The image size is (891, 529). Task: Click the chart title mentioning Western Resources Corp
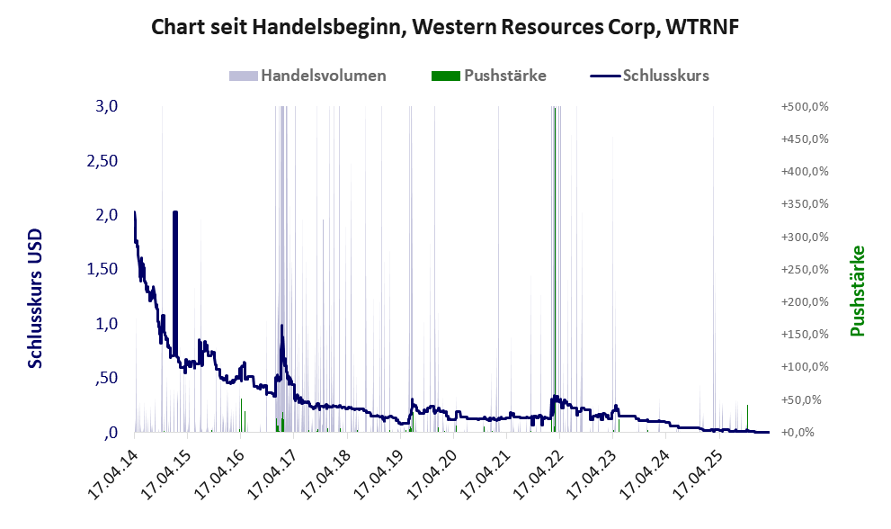coord(444,28)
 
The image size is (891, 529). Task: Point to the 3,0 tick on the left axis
coord(107,106)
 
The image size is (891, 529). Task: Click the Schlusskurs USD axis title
coord(35,298)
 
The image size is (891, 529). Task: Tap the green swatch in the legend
coord(445,76)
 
